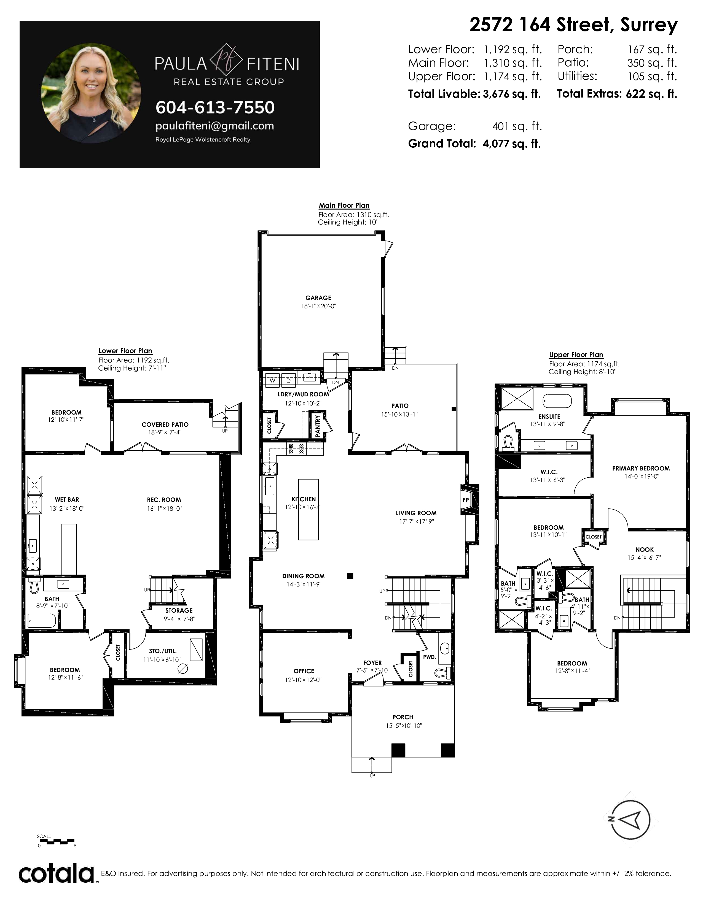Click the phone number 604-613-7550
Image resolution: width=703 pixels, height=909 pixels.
click(x=215, y=107)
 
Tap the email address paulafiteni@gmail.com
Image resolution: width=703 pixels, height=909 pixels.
click(x=214, y=126)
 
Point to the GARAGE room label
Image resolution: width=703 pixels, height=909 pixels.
click(x=318, y=297)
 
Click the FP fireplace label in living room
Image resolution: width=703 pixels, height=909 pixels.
click(x=466, y=500)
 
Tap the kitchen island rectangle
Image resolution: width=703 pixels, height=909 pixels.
click(x=308, y=509)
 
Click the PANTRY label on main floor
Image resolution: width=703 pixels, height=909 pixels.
click(x=318, y=425)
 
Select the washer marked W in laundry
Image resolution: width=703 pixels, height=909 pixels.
click(x=273, y=380)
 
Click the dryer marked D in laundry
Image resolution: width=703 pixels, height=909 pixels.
click(x=288, y=380)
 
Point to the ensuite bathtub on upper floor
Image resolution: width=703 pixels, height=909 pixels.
click(x=557, y=401)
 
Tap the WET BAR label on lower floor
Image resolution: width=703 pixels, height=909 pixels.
click(x=67, y=499)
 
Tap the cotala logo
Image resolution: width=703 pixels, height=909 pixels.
click(x=57, y=874)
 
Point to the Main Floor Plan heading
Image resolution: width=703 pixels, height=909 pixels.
click(x=344, y=205)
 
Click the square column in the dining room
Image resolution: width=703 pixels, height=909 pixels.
click(x=350, y=576)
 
